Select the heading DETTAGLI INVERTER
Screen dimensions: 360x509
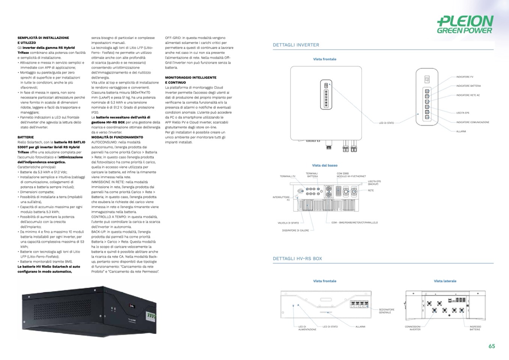tap(296, 45)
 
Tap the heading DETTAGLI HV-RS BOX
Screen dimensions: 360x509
tap(297, 259)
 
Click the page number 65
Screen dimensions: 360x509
tap(492, 346)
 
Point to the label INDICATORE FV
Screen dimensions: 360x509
tap(464, 77)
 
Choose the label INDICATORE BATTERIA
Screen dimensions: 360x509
tap(468, 86)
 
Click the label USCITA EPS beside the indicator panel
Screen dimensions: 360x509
tap(462, 113)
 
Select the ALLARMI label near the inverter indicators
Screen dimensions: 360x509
tap(461, 131)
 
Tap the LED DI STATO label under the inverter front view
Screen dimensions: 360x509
tap(386, 123)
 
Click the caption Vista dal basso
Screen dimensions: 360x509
tap(325, 166)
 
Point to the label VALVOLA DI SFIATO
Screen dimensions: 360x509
tap(288, 223)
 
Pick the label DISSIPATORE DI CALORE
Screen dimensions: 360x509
tap(295, 230)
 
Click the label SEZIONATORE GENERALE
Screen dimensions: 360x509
tap(387, 311)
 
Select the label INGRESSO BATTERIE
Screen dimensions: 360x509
tap(475, 328)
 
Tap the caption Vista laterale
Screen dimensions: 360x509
tap(445, 281)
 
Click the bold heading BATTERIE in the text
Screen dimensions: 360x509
tap(26, 137)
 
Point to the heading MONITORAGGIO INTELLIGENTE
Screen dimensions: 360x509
tap(191, 78)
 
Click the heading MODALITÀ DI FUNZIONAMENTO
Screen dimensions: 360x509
tap(117, 137)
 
